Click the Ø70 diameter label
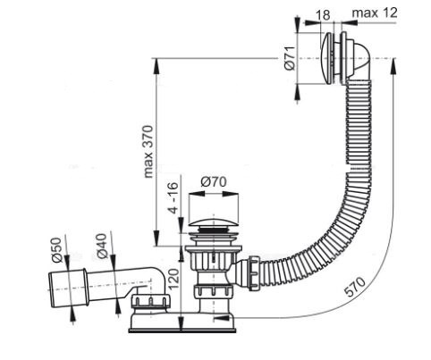point(212,182)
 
